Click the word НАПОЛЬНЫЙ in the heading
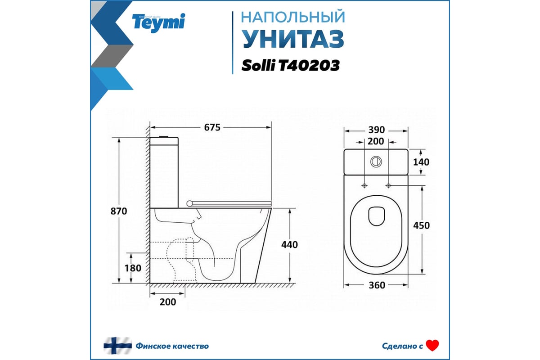pyautogui.click(x=293, y=17)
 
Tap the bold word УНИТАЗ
pyautogui.click(x=293, y=39)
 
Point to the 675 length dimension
pyautogui.click(x=212, y=127)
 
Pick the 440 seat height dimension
pyautogui.click(x=289, y=244)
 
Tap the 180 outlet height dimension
pyautogui.click(x=133, y=268)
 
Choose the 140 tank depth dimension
pyautogui.click(x=421, y=162)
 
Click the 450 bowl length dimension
pyautogui.click(x=421, y=225)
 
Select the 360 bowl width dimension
pyautogui.click(x=376, y=285)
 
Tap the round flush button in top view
pyautogui.click(x=376, y=161)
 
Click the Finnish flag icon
pyautogui.click(x=117, y=346)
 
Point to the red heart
pyautogui.click(x=432, y=346)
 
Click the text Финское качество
pyautogui.click(x=172, y=346)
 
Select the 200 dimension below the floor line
pyautogui.click(x=167, y=302)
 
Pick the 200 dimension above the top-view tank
pyautogui.click(x=376, y=141)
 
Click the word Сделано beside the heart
pyautogui.click(x=398, y=346)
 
